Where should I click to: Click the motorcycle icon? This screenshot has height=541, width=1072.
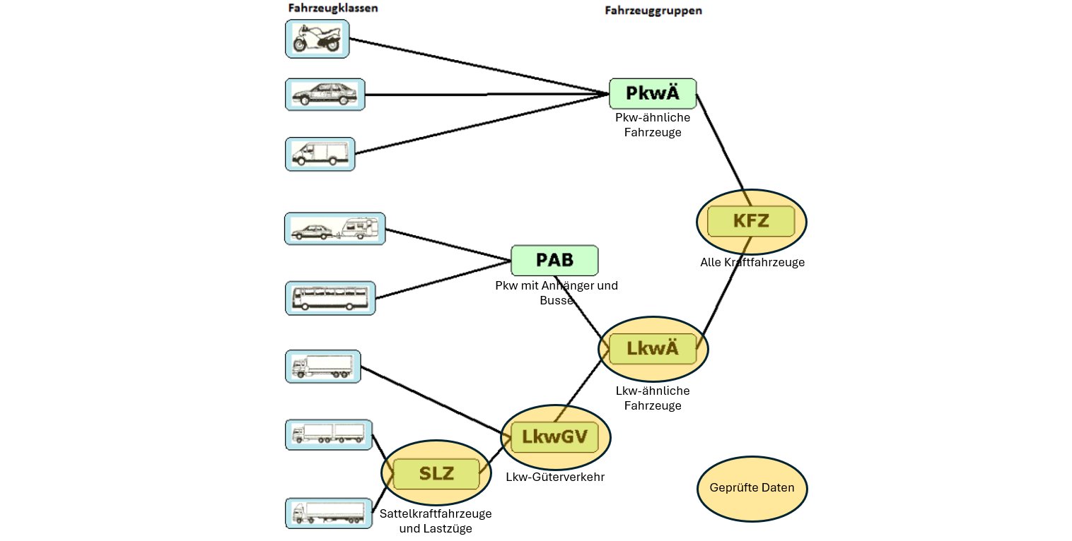click(317, 38)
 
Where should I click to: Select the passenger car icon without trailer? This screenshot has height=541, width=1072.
click(325, 95)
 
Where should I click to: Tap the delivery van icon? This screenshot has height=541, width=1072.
click(320, 154)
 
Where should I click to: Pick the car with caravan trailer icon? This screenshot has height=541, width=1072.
click(334, 229)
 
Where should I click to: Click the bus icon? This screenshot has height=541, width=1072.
click(330, 298)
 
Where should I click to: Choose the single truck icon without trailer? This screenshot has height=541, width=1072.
click(322, 367)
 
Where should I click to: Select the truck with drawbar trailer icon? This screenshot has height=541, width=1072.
click(329, 434)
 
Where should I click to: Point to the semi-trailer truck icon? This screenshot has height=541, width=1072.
click(329, 513)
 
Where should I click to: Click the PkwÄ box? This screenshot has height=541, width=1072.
click(653, 93)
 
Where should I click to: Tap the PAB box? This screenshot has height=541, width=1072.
click(554, 260)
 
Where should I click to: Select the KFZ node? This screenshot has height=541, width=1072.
click(751, 221)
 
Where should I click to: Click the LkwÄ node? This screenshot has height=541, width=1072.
click(653, 348)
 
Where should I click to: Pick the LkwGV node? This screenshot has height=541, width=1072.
click(555, 437)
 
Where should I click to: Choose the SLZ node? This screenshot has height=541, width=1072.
click(436, 474)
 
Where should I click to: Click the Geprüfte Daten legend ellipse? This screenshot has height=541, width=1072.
click(752, 488)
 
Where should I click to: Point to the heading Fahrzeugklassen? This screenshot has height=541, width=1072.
click(332, 8)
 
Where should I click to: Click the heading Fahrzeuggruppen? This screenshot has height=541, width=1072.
click(653, 11)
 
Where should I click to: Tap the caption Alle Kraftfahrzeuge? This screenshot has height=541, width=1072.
click(752, 263)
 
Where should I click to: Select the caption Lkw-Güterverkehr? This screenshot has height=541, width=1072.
click(555, 477)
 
